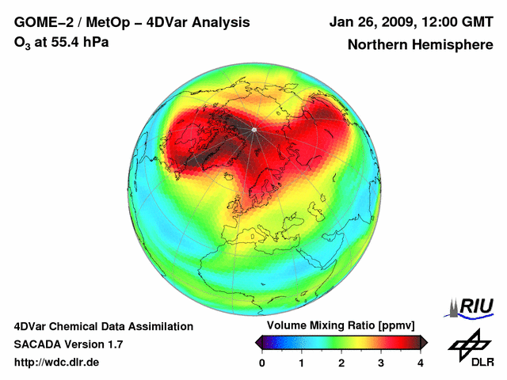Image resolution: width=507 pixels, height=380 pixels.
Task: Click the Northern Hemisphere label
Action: [420, 45]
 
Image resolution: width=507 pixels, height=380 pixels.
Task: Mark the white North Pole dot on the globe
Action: [254, 128]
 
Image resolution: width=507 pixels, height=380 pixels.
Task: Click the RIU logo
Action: [472, 306]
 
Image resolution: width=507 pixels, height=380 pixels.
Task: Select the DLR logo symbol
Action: [469, 344]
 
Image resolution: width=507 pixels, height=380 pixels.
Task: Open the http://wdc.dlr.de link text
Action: [57, 363]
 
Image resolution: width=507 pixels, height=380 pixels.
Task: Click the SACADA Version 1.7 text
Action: [68, 344]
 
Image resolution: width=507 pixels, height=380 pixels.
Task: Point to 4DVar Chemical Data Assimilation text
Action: [104, 326]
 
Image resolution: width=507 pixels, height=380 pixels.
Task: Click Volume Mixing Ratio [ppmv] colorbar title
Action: [341, 325]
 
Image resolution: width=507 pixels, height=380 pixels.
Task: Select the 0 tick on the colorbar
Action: [262, 363]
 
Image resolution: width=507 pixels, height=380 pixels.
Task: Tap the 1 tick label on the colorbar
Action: [302, 363]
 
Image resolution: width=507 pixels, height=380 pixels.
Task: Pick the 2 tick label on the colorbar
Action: [341, 363]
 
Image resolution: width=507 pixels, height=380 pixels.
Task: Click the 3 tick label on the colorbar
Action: [381, 363]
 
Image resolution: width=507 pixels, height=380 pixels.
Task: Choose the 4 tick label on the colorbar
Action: [421, 363]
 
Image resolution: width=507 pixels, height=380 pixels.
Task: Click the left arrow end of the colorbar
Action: [258, 342]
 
